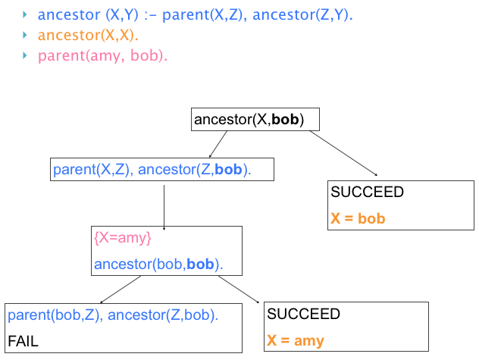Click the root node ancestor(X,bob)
pyautogui.click(x=256, y=120)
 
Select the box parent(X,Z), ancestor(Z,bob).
pyautogui.click(x=161, y=170)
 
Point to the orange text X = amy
pyautogui.click(x=295, y=340)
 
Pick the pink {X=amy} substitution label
pyautogui.click(x=123, y=238)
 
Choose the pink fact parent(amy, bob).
pyautogui.click(x=102, y=56)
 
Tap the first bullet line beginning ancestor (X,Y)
pyautogui.click(x=195, y=14)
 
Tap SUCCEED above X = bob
pyautogui.click(x=367, y=193)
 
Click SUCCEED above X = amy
pyautogui.click(x=303, y=314)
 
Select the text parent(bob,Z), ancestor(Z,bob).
pyautogui.click(x=113, y=315)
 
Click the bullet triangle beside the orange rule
pyautogui.click(x=26, y=36)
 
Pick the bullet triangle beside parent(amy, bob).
pyautogui.click(x=26, y=56)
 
